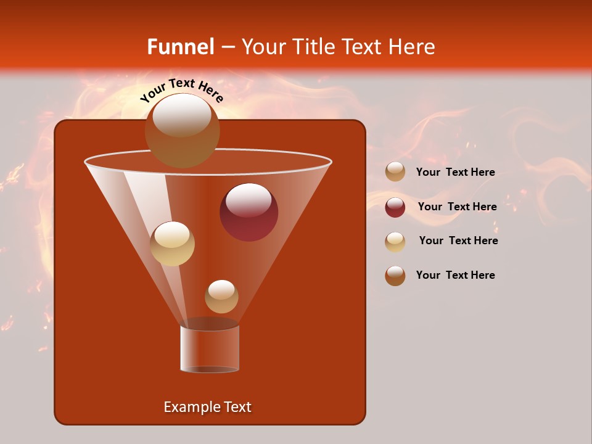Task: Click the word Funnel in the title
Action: click(x=181, y=47)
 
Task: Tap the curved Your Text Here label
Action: click(x=182, y=90)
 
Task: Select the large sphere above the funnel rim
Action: click(x=182, y=130)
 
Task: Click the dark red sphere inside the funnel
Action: click(x=249, y=212)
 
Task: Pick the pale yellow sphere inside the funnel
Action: click(x=172, y=244)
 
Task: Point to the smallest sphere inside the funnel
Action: click(x=221, y=297)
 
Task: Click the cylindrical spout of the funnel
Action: click(x=210, y=348)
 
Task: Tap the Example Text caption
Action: click(x=207, y=407)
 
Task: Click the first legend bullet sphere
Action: click(x=395, y=172)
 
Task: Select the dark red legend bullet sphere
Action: click(x=395, y=207)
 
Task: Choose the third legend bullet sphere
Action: click(x=395, y=242)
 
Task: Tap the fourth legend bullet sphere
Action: click(x=395, y=276)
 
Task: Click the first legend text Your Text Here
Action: click(x=455, y=173)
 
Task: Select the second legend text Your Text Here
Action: click(x=457, y=207)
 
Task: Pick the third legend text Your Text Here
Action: click(x=458, y=241)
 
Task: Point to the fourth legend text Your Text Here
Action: click(x=455, y=275)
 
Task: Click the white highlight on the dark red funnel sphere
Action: click(x=249, y=200)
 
